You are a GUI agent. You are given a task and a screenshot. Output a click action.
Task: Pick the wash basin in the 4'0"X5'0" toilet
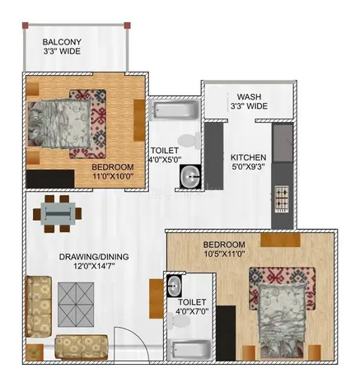[191, 175]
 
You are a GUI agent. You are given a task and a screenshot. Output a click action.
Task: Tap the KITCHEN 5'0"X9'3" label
[249, 162]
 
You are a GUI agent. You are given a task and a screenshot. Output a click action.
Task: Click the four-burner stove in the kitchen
[281, 198]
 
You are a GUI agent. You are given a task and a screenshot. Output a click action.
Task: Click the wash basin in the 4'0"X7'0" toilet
[174, 286]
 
